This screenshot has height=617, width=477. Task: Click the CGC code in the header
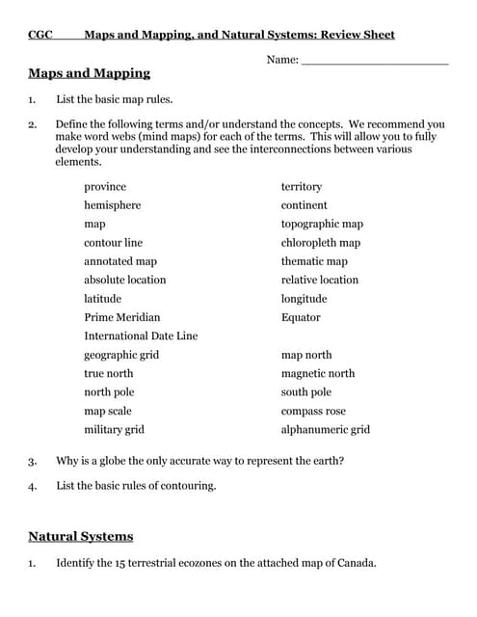click(40, 35)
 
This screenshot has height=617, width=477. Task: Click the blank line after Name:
click(375, 61)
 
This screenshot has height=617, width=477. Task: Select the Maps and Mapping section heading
click(89, 73)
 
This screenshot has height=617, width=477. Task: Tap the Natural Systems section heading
click(80, 536)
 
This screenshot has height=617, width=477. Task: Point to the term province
click(104, 186)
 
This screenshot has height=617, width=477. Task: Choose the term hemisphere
click(112, 205)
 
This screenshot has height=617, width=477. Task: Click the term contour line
click(113, 243)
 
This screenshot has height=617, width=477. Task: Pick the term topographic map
click(322, 224)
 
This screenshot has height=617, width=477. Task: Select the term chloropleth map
click(320, 243)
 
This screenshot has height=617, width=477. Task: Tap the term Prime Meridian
click(121, 317)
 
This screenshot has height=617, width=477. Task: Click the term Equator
click(301, 317)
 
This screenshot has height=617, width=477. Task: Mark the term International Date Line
click(141, 336)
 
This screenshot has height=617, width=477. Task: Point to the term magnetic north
click(317, 373)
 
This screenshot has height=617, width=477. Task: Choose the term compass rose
click(312, 411)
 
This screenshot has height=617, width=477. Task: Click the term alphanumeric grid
click(325, 430)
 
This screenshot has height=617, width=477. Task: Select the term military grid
click(114, 430)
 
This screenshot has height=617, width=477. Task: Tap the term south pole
click(305, 392)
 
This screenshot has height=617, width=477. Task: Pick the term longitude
click(304, 299)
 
